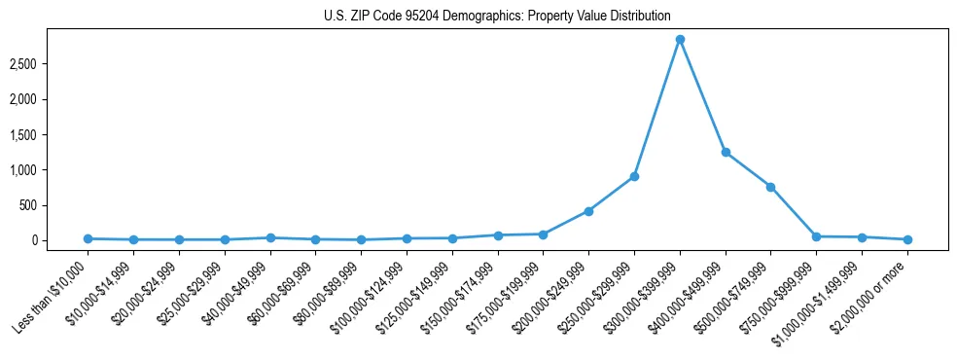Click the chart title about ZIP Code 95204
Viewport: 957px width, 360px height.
[x=497, y=16]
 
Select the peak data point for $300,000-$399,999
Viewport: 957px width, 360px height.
[x=680, y=40]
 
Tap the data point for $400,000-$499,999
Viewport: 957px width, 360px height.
[x=726, y=153]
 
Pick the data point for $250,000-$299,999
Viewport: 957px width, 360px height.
[x=634, y=176]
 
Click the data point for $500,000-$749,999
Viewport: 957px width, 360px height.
[x=770, y=187]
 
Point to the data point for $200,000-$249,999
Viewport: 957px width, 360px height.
[x=588, y=211]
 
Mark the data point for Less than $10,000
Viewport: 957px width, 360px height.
[x=89, y=238]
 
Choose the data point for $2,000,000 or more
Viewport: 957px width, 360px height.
[x=907, y=239]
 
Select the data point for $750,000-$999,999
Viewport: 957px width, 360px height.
[x=816, y=236]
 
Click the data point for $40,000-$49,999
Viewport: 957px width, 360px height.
[x=270, y=237]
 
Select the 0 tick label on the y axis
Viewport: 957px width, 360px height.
[x=59, y=240]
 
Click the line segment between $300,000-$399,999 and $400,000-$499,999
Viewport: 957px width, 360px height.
[x=702, y=96]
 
